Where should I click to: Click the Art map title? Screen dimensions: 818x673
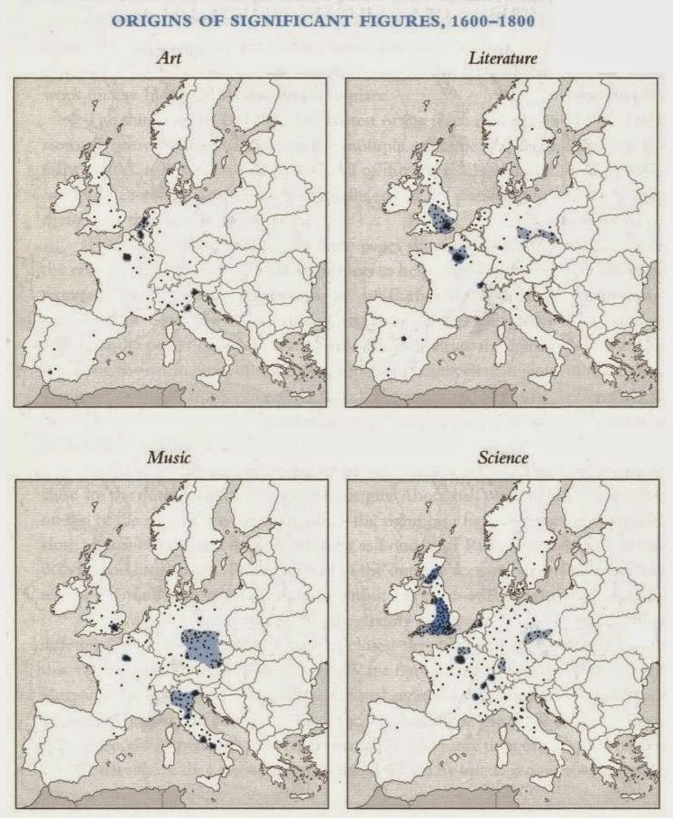[x=169, y=59]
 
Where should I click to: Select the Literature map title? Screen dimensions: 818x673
[x=503, y=59]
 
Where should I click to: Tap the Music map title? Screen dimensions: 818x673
[x=168, y=458]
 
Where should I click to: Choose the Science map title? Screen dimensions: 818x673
[x=503, y=458]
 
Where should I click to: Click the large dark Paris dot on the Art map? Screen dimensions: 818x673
[x=126, y=258]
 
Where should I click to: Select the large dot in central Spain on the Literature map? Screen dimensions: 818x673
[x=405, y=337]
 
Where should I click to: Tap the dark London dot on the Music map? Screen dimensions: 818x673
[x=115, y=627]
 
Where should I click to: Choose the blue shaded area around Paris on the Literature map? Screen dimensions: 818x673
[x=459, y=255]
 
